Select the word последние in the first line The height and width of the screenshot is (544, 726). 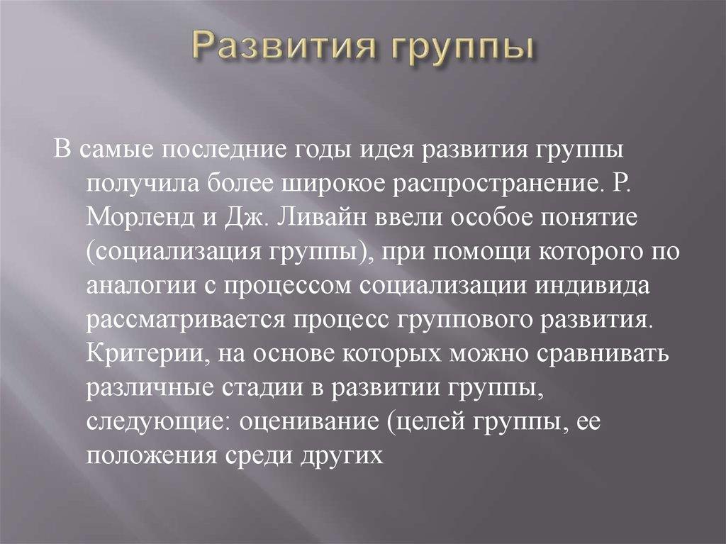point(239,152)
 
